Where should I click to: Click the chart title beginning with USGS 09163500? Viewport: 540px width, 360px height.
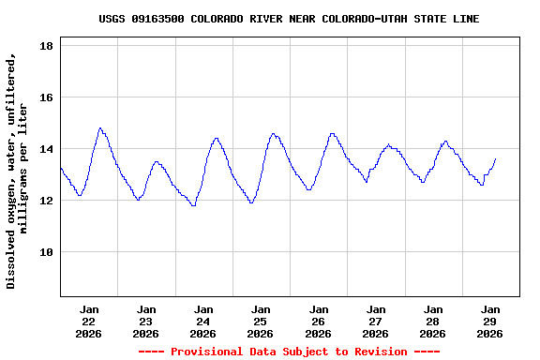click(289, 19)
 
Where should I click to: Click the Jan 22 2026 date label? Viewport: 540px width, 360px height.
click(89, 321)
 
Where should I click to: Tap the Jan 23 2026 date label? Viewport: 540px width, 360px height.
click(146, 321)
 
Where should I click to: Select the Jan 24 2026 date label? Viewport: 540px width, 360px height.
click(203, 321)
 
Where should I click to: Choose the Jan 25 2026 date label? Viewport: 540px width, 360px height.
click(261, 321)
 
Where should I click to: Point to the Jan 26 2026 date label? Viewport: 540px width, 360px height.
click(318, 321)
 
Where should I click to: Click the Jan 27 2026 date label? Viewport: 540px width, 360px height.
click(375, 321)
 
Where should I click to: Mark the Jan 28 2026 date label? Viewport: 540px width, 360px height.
click(432, 321)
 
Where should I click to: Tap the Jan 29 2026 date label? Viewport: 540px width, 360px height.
click(489, 321)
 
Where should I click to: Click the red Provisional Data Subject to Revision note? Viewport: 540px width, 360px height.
click(289, 352)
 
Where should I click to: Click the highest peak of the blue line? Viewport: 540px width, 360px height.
click(100, 128)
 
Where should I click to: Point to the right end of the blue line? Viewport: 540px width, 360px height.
click(495, 159)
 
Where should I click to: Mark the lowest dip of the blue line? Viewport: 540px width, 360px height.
click(193, 204)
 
